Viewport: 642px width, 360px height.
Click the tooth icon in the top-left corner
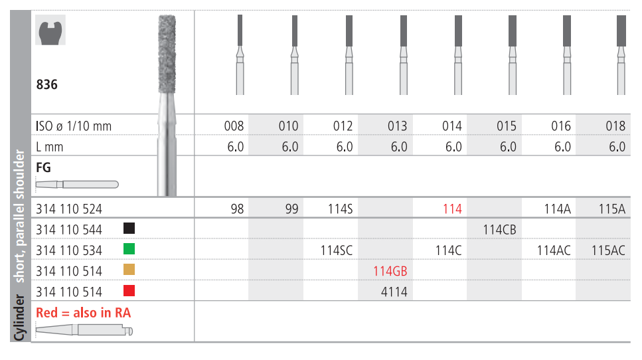[50, 30]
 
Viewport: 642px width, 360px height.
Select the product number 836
[46, 84]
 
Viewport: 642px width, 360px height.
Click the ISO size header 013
[397, 126]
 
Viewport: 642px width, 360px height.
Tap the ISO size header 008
[234, 126]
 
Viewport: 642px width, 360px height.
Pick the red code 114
[452, 209]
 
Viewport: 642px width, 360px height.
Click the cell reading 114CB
[499, 230]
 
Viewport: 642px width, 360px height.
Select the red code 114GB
[390, 271]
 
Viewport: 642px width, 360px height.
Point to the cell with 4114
[394, 292]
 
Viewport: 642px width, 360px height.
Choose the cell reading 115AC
[608, 250]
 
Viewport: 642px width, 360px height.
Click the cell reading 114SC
[336, 250]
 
